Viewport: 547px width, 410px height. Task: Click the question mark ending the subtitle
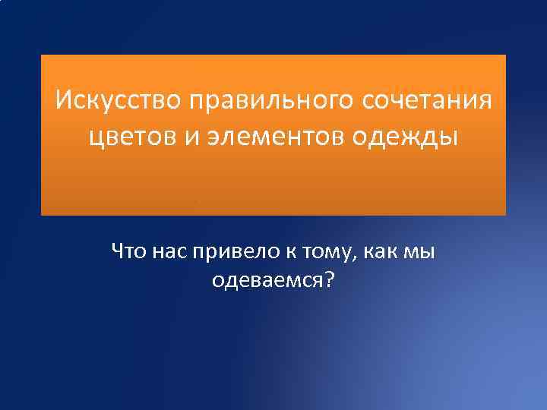click(x=328, y=280)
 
